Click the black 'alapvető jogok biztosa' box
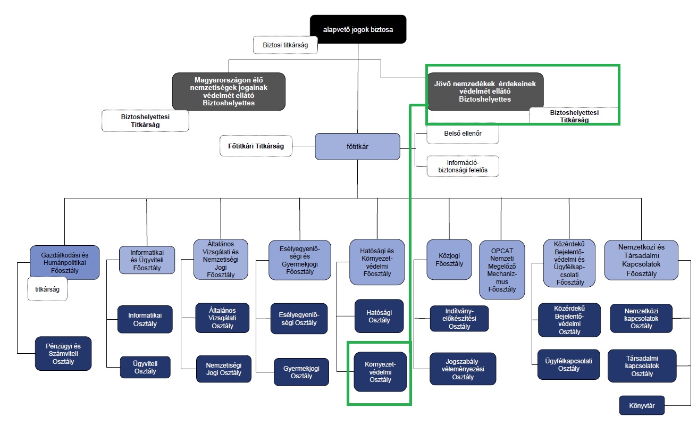click(x=358, y=30)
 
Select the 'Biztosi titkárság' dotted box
click(x=285, y=45)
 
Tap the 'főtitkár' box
click(x=357, y=146)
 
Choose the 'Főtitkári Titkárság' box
click(x=256, y=146)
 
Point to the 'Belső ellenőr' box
click(x=463, y=134)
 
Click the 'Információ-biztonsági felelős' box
click(x=463, y=166)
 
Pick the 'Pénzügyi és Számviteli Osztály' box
click(x=63, y=353)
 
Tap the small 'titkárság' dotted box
click(x=47, y=289)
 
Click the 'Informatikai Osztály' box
click(x=145, y=319)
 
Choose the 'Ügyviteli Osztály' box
click(x=145, y=367)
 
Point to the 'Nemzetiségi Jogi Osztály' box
click(x=223, y=369)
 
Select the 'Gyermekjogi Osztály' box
click(x=301, y=372)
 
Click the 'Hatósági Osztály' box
click(x=379, y=316)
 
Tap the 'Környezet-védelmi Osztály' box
click(x=380, y=372)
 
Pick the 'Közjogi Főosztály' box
click(x=449, y=259)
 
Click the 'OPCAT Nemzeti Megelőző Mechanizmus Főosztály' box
click(x=502, y=270)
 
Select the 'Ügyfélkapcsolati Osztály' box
click(x=568, y=364)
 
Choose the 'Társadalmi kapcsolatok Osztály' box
click(x=642, y=366)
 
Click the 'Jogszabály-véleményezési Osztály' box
click(x=463, y=369)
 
